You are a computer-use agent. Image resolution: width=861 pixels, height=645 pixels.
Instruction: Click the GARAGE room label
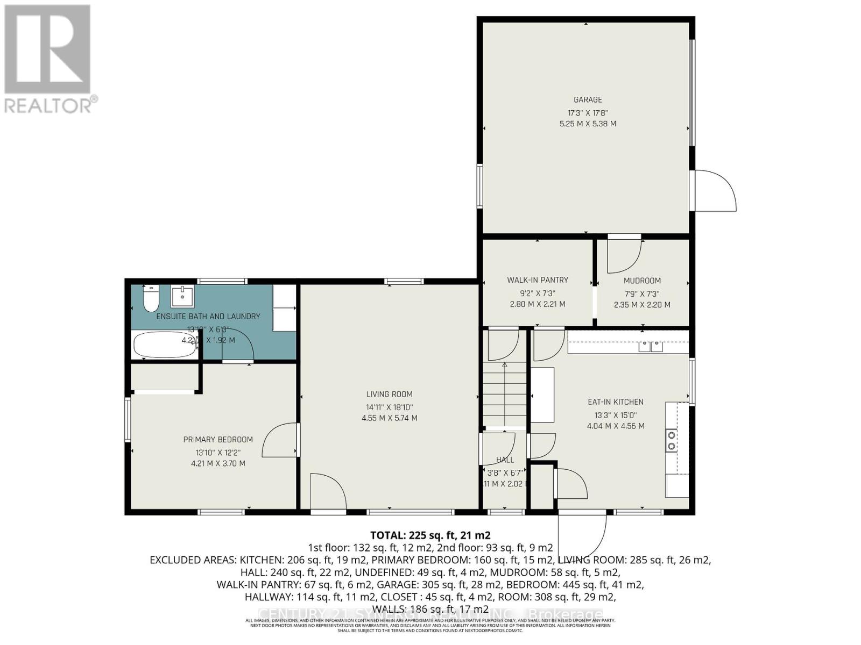click(587, 99)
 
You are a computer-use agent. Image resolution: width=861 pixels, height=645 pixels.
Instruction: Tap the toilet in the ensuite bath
click(151, 299)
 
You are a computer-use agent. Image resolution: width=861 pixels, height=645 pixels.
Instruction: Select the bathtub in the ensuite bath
click(165, 345)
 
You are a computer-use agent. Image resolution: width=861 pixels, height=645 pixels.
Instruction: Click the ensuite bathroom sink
click(182, 296)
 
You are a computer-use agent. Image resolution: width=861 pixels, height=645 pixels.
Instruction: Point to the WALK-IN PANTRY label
click(537, 280)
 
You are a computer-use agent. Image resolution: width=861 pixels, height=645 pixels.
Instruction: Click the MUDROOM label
click(642, 281)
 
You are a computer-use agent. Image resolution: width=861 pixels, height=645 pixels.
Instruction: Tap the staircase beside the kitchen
click(504, 395)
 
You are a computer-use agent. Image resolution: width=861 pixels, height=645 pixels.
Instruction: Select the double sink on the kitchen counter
click(651, 347)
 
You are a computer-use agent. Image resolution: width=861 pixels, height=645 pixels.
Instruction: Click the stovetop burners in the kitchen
click(671, 441)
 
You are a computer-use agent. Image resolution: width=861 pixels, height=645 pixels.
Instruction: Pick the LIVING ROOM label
click(389, 394)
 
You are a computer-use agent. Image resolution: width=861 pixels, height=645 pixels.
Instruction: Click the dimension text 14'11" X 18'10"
click(389, 407)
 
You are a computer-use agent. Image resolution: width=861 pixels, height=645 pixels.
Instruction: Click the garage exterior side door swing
click(715, 191)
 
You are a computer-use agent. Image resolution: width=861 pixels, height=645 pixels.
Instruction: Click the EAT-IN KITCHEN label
click(615, 402)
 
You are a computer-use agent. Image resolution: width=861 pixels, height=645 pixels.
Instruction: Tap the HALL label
click(505, 460)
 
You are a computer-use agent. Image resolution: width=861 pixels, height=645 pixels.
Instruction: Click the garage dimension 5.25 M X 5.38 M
click(588, 124)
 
